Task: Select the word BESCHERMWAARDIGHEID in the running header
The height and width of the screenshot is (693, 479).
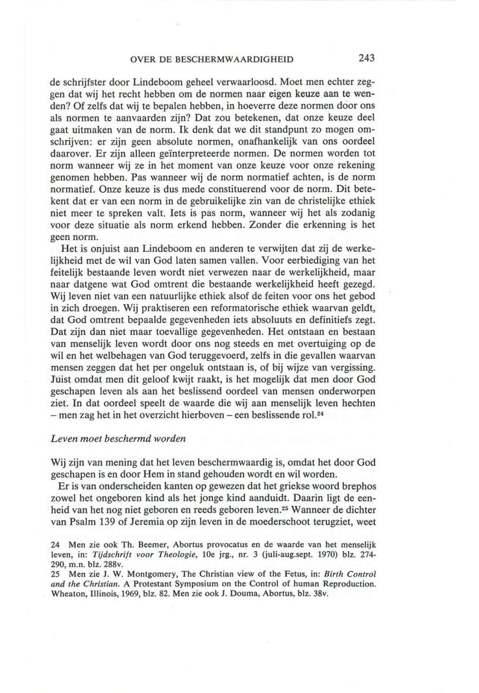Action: click(241, 58)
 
